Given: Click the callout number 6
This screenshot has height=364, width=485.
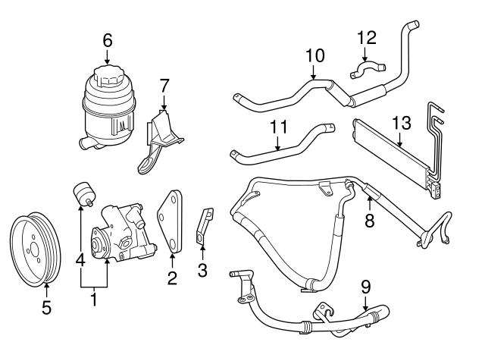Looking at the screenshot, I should (107, 39).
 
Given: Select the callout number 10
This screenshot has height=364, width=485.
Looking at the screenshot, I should (314, 55).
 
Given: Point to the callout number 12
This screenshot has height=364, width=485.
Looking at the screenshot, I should (367, 36).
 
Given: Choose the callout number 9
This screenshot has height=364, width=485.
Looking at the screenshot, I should (365, 287).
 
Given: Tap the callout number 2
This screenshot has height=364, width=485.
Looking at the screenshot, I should (172, 278).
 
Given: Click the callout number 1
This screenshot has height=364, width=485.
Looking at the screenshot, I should (94, 300).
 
